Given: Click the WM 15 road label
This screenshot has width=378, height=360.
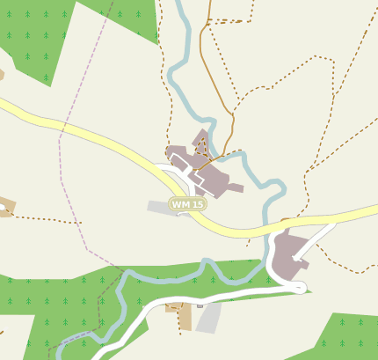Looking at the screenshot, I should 188,204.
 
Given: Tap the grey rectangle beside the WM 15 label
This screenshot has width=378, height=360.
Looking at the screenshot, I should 159,207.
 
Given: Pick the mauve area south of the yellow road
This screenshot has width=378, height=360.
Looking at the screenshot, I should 287,256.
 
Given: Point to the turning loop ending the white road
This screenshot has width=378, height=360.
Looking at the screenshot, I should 300,287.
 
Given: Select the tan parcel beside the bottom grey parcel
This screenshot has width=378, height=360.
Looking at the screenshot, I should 181,314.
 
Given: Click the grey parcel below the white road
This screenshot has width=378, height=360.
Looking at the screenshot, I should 208,318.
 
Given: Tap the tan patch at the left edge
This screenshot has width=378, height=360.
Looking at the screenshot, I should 6,209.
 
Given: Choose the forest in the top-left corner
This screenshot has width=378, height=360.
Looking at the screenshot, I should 35,35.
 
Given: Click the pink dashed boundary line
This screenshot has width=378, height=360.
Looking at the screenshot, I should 61,176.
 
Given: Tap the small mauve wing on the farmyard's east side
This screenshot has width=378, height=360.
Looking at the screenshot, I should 234,187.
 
